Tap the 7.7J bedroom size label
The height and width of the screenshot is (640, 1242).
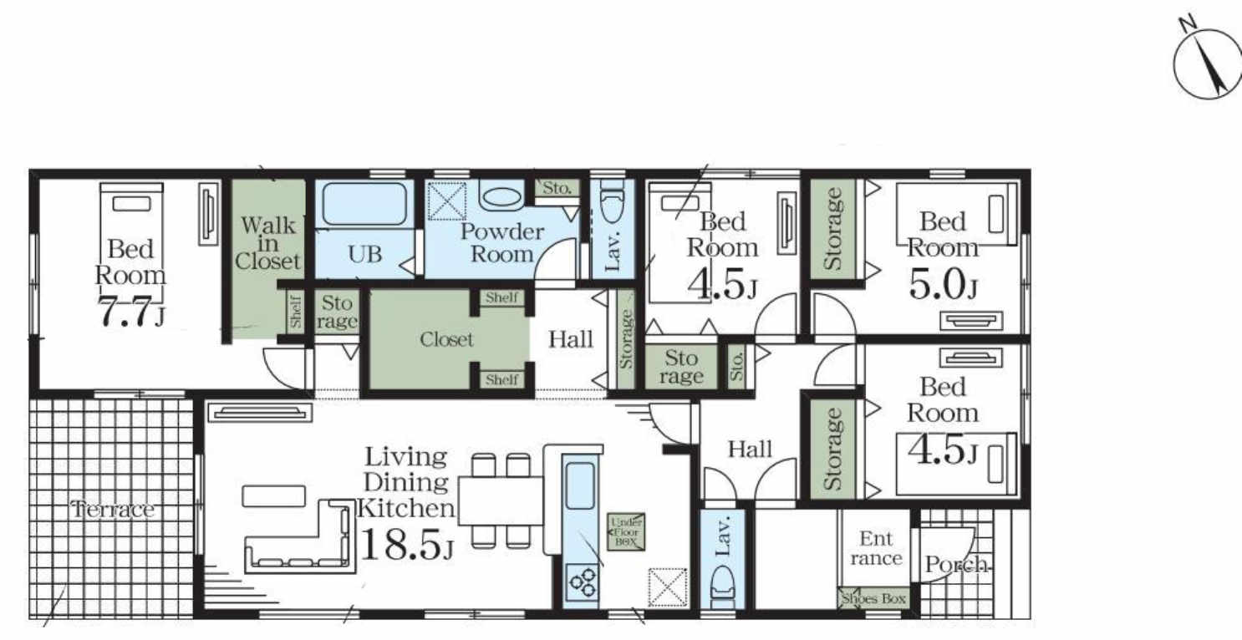coord(131,312)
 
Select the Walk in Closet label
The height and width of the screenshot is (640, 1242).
coord(267,243)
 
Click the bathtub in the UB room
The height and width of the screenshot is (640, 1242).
coord(364,204)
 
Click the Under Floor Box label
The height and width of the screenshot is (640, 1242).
coord(626,532)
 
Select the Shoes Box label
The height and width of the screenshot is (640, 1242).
coord(873,598)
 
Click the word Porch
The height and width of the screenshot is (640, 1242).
coord(956,565)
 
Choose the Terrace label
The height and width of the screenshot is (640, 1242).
coord(113,509)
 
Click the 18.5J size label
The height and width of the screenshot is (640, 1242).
coord(406,546)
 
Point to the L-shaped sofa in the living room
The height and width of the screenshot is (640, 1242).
coord(299,536)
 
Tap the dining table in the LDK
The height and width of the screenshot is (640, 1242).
coord(501,501)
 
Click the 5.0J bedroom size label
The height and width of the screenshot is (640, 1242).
coord(943,286)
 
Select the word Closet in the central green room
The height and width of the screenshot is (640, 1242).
coord(446,339)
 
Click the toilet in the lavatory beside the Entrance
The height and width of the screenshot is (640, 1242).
coord(722,587)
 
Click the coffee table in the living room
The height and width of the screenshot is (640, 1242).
coord(274,496)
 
